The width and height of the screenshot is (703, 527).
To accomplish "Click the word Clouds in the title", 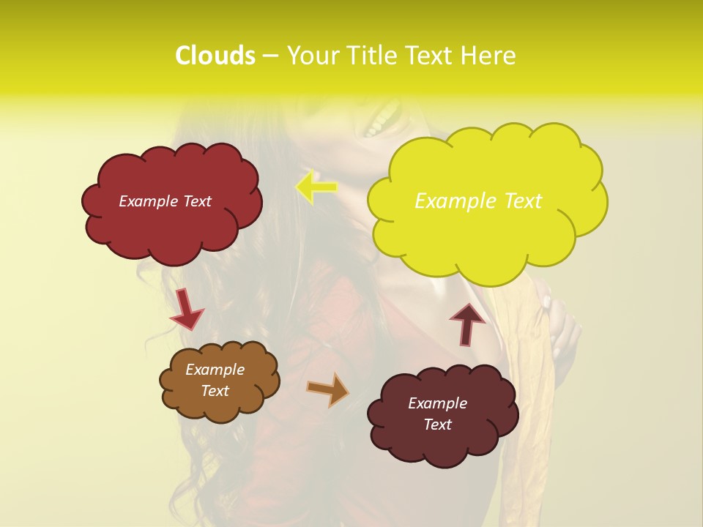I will pos(215,56).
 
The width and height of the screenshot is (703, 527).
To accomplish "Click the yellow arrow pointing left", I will pos(316,187).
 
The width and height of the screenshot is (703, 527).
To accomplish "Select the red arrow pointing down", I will pos(185,309).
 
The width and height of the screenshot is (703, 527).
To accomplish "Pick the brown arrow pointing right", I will pos(328,389).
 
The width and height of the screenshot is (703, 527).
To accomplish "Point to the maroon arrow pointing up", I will pos(467,324).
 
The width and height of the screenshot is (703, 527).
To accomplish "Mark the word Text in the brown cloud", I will pos(215,391).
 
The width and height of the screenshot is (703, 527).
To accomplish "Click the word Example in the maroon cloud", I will pos(437,403).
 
